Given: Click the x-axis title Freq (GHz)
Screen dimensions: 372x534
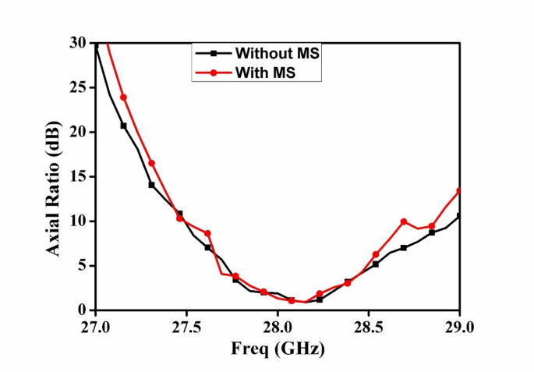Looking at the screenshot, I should [277, 348].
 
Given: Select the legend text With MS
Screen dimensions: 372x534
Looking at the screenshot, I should [267, 73].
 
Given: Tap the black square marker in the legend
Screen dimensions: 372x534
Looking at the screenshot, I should [213, 54].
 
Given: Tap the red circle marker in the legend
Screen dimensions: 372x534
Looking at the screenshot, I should [213, 73].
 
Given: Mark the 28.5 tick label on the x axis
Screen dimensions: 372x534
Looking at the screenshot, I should [369, 326].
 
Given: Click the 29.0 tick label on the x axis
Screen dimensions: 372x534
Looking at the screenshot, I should [459, 326].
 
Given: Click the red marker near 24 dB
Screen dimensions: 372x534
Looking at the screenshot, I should [123, 97].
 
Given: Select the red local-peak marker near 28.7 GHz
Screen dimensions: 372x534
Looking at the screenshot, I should [404, 221].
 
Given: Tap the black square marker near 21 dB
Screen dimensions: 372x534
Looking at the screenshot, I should [123, 126].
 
